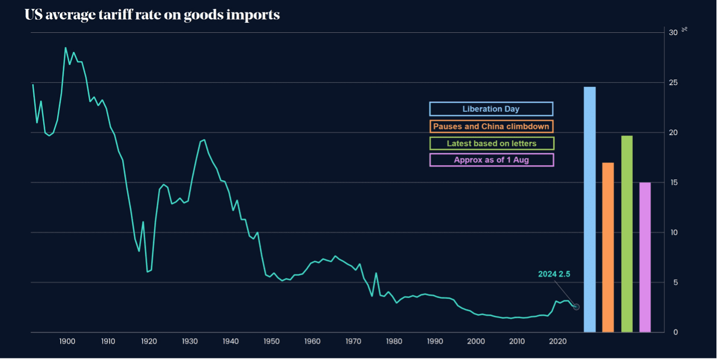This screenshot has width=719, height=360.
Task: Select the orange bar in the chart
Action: coord(608,247)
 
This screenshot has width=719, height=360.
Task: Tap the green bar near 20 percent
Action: coord(627,234)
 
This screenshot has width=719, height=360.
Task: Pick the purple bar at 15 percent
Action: coord(645,257)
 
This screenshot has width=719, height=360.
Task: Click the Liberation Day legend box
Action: coord(491,109)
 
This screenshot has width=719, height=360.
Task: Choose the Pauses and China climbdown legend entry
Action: coord(491,126)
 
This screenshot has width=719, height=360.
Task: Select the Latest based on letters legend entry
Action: coord(491,143)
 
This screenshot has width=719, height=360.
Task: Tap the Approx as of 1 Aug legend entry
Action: coord(491,160)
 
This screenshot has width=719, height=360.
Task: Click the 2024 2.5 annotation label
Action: coord(554,274)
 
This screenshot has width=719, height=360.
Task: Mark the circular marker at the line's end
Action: coord(576,307)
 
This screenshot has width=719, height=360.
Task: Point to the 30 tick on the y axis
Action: coord(673,33)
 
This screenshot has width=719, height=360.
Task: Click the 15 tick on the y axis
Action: coord(673,182)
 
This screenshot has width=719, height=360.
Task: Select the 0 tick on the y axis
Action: coord(675,332)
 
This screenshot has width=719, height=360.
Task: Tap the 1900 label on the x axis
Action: coord(66,341)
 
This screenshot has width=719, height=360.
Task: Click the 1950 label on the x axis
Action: coord(271,341)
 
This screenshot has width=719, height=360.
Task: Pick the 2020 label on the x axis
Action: coord(558,341)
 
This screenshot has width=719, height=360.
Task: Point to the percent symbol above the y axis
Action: coord(685,29)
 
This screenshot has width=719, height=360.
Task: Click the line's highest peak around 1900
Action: coord(65,48)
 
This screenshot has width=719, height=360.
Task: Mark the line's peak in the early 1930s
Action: coord(204,140)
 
